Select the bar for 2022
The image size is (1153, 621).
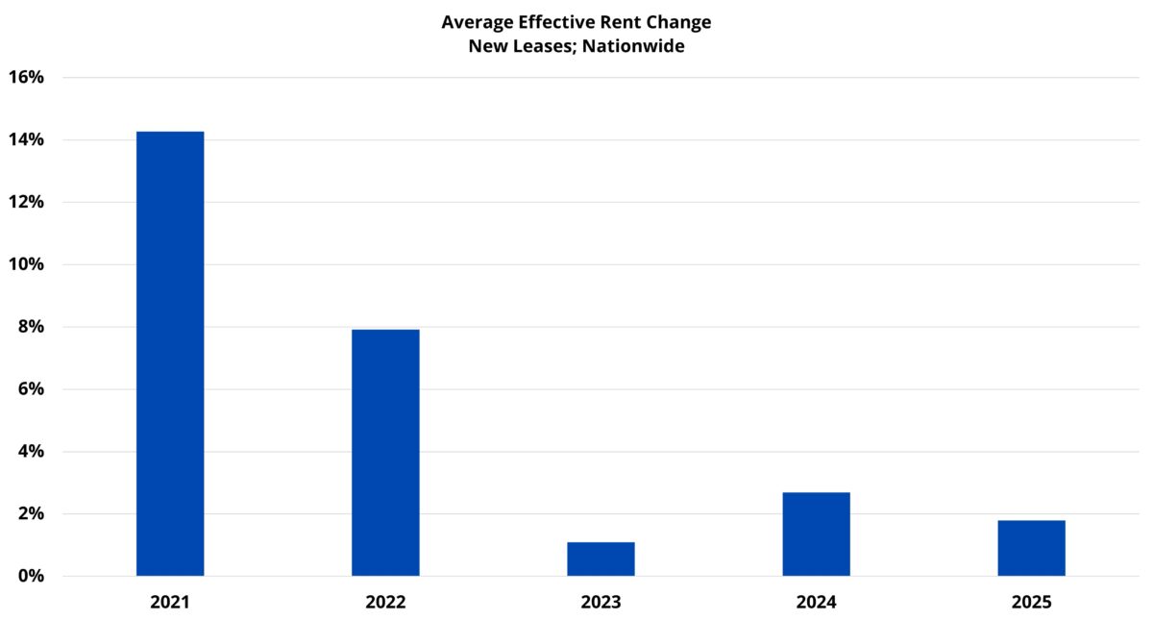(385, 453)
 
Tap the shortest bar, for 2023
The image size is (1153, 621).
(601, 559)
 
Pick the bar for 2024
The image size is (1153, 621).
(816, 534)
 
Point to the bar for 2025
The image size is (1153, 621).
(1031, 548)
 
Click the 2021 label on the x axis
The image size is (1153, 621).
(170, 603)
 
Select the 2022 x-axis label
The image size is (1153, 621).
(385, 603)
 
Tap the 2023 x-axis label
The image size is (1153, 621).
(601, 603)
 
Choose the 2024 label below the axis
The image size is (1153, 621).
(816, 603)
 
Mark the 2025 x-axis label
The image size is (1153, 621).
(1031, 603)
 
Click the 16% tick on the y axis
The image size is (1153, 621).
(27, 77)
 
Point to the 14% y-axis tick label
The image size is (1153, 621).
(27, 139)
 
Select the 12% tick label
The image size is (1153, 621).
(27, 202)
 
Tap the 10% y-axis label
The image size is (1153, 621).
(27, 264)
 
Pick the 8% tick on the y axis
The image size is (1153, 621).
(32, 327)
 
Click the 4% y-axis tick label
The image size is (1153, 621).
(32, 452)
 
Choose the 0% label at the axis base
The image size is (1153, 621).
(32, 576)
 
